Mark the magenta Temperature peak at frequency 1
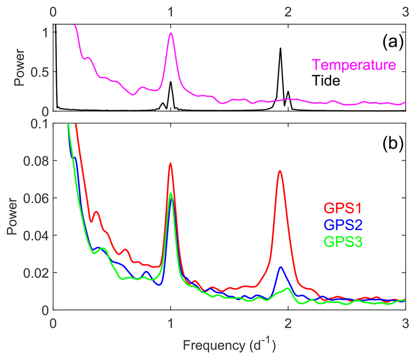(171, 33)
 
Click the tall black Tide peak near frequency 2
(280, 48)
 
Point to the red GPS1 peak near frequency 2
(279, 171)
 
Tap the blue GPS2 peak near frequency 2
(281, 267)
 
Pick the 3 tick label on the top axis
(405, 12)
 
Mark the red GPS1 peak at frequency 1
(171, 163)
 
